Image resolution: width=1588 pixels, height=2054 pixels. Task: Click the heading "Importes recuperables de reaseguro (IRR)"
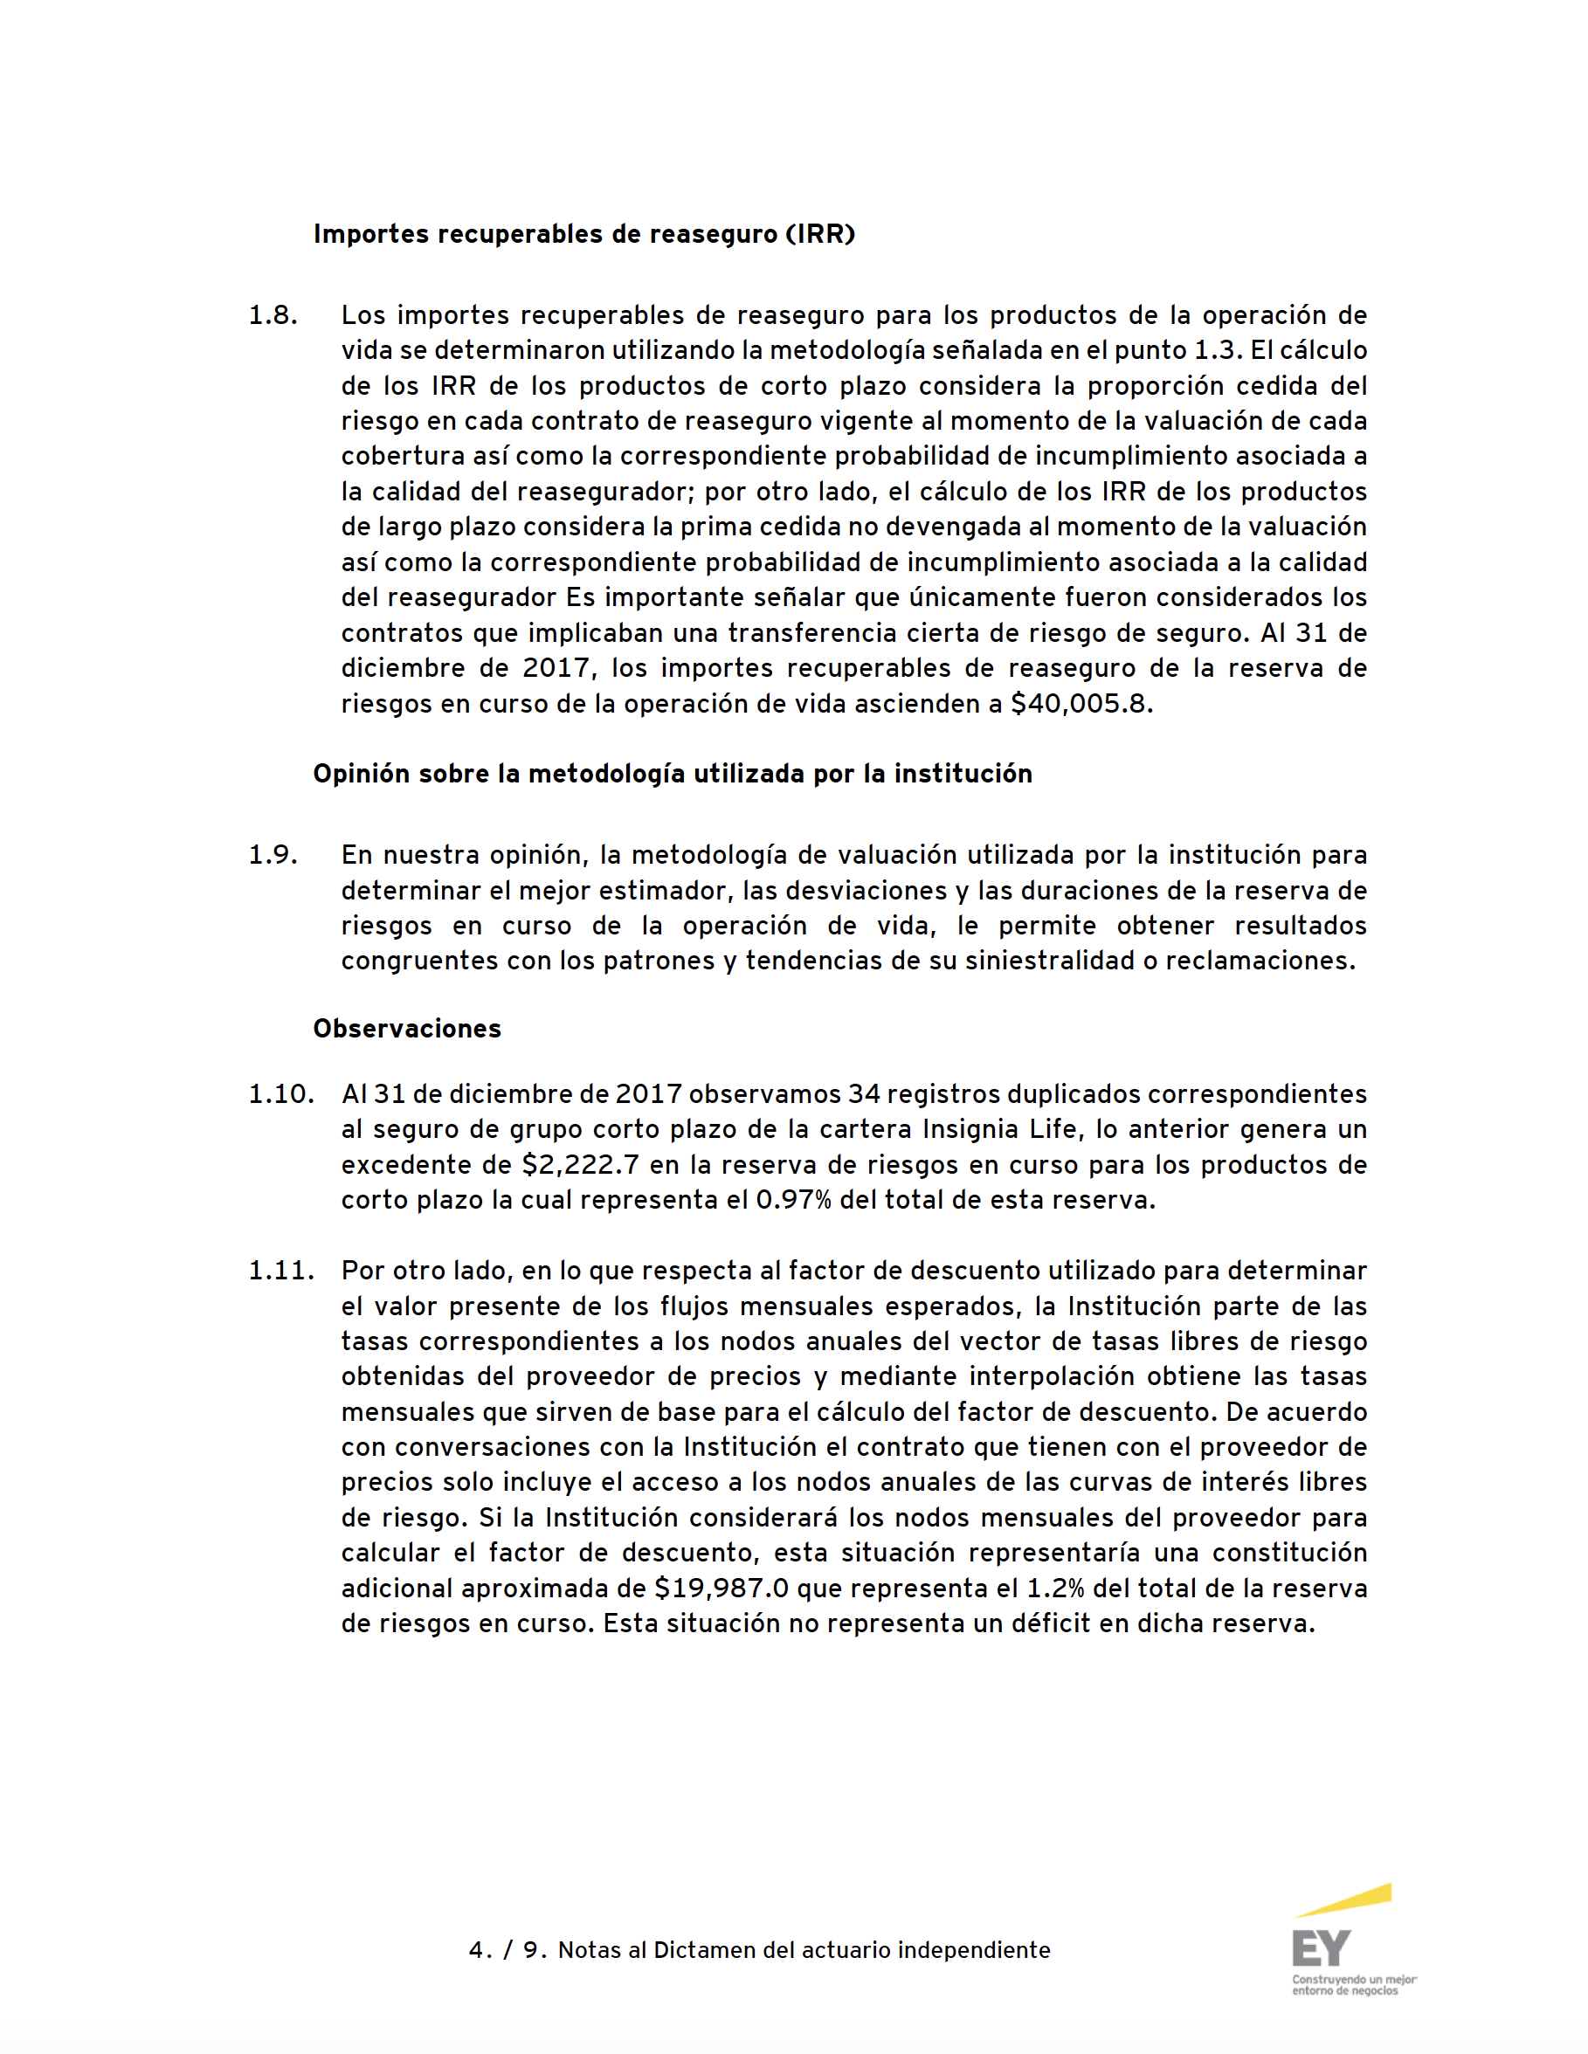(x=583, y=234)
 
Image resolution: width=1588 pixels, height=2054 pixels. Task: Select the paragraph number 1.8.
(x=273, y=315)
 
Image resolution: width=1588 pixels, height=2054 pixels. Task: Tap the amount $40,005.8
(x=1080, y=704)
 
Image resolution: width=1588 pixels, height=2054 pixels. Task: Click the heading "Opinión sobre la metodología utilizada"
(x=672, y=774)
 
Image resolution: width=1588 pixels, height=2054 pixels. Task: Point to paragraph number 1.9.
(x=273, y=855)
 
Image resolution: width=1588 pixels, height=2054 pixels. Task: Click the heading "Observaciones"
(x=406, y=1029)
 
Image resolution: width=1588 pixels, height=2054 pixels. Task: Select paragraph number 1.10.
(x=280, y=1093)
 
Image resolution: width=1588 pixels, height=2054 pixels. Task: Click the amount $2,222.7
(x=581, y=1164)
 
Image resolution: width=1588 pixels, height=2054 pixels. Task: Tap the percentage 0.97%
(x=793, y=1200)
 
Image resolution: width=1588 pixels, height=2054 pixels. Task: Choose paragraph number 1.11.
(x=280, y=1271)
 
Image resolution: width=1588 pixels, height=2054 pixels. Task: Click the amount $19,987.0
(x=722, y=1589)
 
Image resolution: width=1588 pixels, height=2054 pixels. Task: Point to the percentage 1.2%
(x=1054, y=1589)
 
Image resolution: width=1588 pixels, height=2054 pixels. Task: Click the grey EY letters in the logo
(x=1321, y=1948)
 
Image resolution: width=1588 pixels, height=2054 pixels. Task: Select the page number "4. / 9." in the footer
(x=508, y=1951)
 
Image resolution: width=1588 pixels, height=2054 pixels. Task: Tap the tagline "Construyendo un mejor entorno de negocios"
(x=1353, y=1985)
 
